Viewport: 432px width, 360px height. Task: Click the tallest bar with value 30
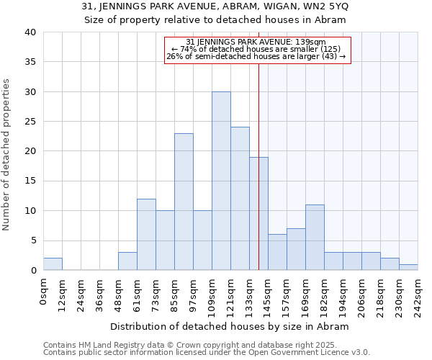coord(221,181)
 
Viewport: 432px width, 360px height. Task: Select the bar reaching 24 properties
coord(240,199)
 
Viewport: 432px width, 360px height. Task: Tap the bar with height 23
coord(184,202)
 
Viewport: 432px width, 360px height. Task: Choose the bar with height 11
coord(315,238)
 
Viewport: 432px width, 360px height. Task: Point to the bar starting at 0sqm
coord(53,264)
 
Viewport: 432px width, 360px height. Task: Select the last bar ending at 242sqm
coord(408,267)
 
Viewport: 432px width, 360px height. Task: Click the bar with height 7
coord(296,249)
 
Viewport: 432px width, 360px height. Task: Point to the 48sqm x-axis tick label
coord(118,294)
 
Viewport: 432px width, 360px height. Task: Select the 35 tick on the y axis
coord(31,62)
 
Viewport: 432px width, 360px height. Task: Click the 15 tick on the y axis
coord(31,181)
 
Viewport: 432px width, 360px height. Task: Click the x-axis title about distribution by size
coord(230,326)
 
